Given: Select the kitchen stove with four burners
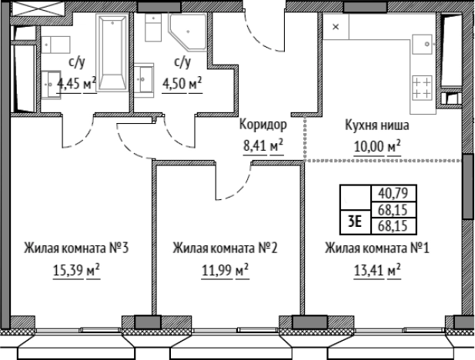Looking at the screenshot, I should coord(422,86).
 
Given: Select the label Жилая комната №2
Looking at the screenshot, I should coord(225,248).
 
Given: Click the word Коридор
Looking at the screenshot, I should coord(263,125).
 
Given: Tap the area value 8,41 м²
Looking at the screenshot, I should coord(263,145).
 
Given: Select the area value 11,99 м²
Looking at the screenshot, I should coord(225,271).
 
